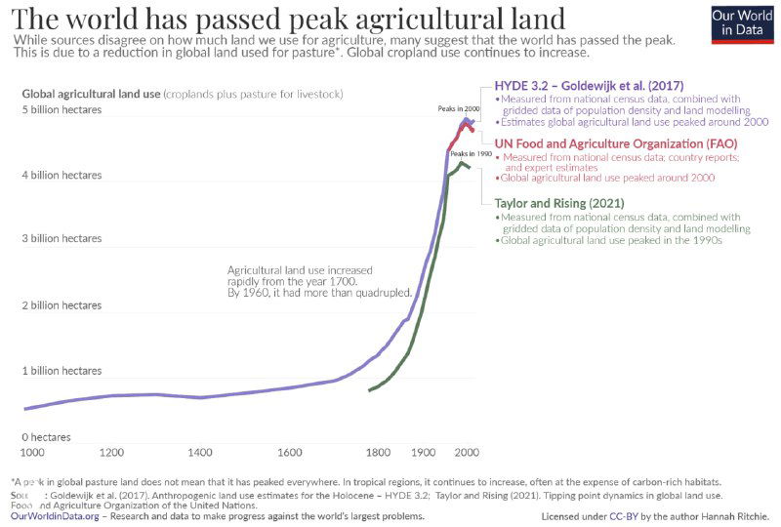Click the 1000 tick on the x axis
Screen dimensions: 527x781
click(32, 453)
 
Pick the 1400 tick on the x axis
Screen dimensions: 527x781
click(201, 453)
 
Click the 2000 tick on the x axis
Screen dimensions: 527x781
click(467, 453)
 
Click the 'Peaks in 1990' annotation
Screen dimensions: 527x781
click(471, 154)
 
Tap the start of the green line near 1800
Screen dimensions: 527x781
click(369, 390)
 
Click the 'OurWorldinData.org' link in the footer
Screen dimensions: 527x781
click(54, 515)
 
